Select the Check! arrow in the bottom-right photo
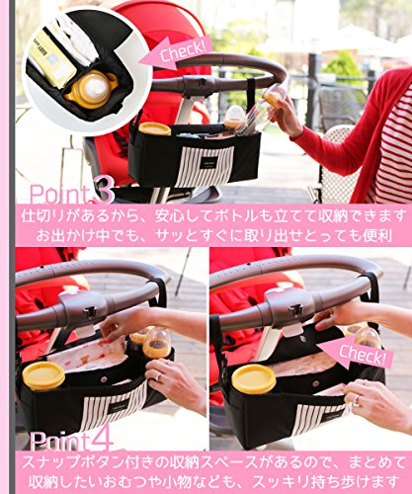point(356,354)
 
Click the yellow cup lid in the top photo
point(155,128)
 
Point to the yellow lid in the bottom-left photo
point(43,375)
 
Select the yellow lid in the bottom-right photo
point(254,378)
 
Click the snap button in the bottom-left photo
point(104,379)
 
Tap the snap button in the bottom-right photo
point(316,383)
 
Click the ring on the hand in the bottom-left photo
point(158,376)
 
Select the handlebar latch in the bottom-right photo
point(295,309)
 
